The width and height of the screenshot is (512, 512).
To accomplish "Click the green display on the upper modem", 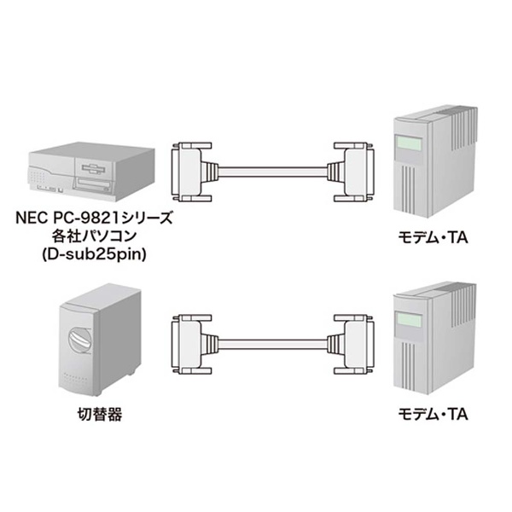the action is pyautogui.click(x=408, y=143).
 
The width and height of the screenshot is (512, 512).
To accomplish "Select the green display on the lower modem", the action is pyautogui.click(x=408, y=320).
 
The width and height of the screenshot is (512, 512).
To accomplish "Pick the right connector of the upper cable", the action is pyautogui.click(x=352, y=172).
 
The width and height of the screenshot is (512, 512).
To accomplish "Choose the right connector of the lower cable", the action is pyautogui.click(x=352, y=344).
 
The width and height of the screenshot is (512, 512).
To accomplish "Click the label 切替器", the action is pyautogui.click(x=100, y=415).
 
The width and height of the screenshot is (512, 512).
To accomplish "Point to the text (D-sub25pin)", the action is pyautogui.click(x=94, y=254).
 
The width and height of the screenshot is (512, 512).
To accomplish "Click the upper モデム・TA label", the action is pyautogui.click(x=433, y=237).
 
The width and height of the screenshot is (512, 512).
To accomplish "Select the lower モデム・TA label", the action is pyautogui.click(x=433, y=415).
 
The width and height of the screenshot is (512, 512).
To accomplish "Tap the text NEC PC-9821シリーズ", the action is pyautogui.click(x=94, y=218).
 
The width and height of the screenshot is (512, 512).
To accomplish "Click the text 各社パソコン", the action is pyautogui.click(x=94, y=236).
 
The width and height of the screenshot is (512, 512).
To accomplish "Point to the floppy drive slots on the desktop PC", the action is pyautogui.click(x=95, y=168).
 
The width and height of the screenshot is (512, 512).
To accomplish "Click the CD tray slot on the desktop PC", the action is pyautogui.click(x=93, y=185).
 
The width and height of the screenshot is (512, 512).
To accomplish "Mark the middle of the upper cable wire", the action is pyautogui.click(x=273, y=172).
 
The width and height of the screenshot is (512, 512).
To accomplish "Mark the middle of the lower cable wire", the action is pyautogui.click(x=273, y=344).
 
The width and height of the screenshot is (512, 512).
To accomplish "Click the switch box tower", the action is pyautogui.click(x=100, y=340).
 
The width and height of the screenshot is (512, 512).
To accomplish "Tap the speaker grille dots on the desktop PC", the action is pyautogui.click(x=37, y=177).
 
